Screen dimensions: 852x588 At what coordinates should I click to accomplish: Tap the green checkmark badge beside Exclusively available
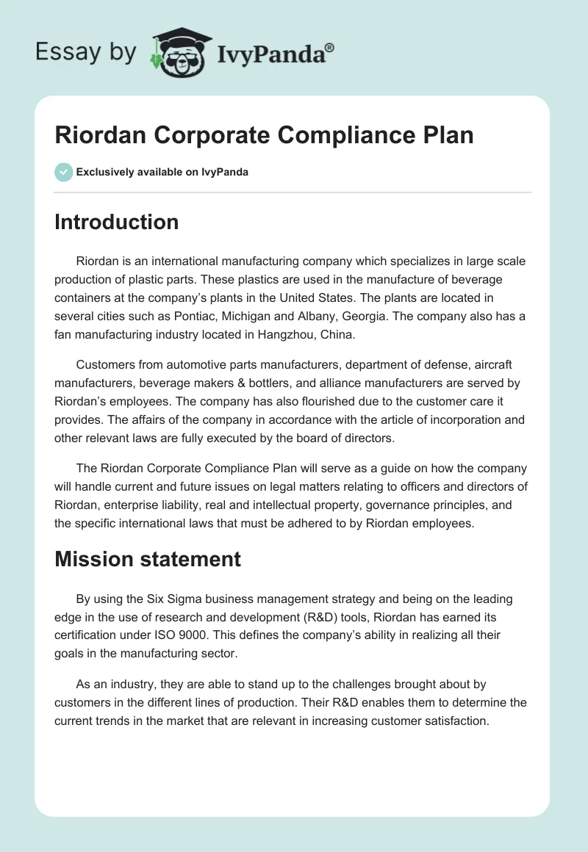point(63,172)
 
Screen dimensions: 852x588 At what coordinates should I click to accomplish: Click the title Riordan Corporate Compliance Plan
point(264,136)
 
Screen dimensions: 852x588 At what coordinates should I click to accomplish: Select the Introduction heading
point(116,222)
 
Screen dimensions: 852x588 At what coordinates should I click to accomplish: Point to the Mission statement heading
point(147,559)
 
